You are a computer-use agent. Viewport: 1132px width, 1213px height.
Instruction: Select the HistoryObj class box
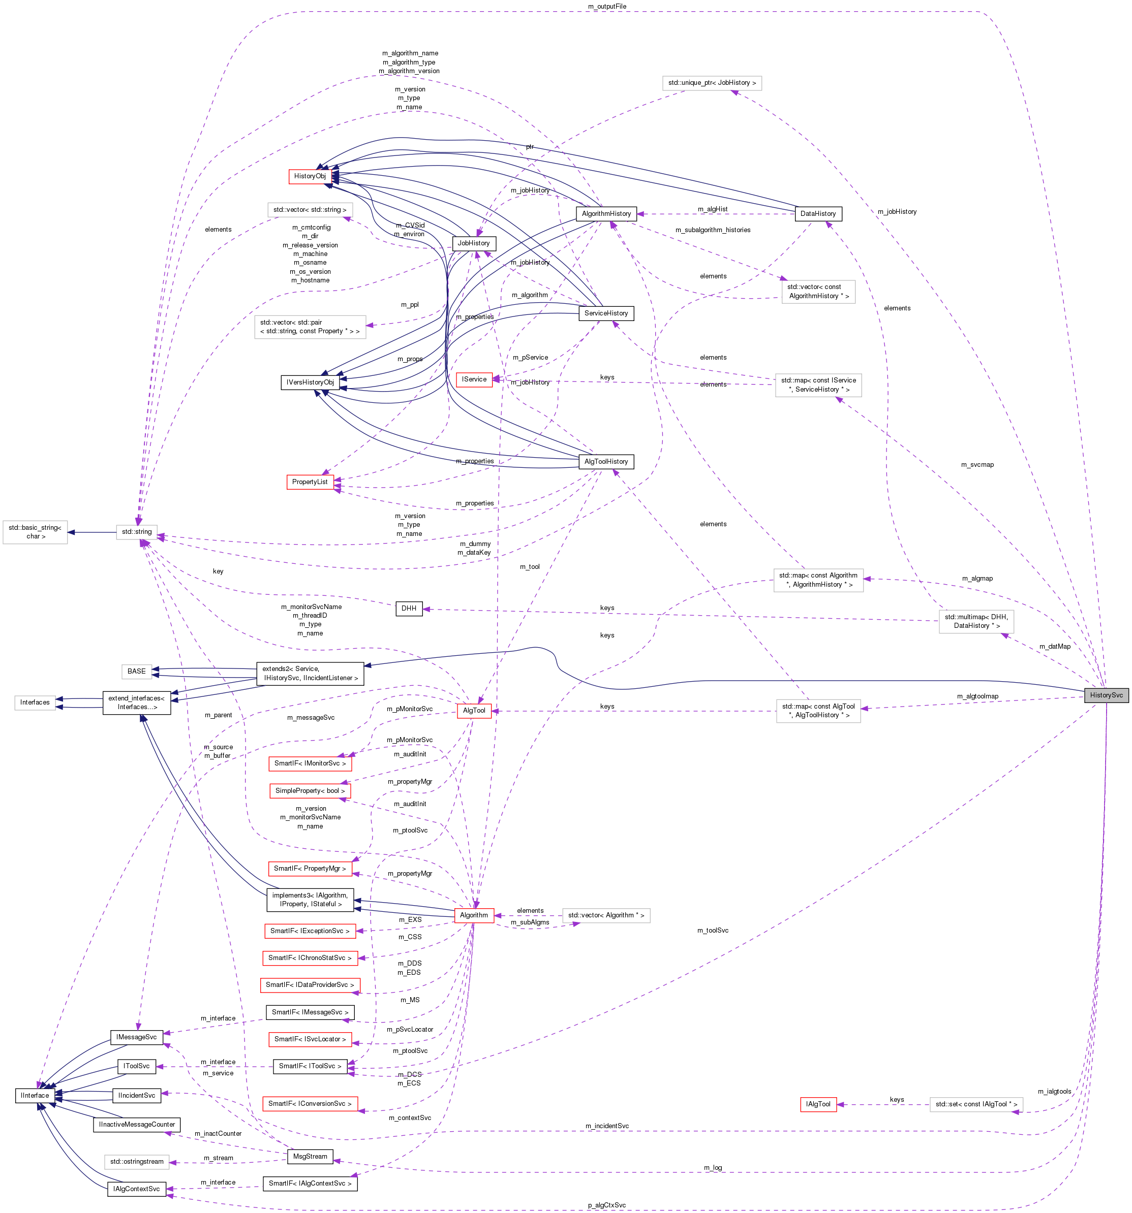(310, 176)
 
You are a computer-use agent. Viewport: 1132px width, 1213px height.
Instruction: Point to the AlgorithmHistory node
(606, 213)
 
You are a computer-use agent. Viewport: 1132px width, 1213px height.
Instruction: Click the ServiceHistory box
(606, 313)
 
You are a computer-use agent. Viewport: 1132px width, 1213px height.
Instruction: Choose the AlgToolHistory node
(606, 461)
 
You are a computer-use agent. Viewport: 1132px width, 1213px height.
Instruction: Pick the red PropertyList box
(310, 482)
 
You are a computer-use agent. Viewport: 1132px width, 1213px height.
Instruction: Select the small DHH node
(409, 609)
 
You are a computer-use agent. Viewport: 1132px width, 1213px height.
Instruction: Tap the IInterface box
(35, 1095)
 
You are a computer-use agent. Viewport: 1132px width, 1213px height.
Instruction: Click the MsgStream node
(310, 1156)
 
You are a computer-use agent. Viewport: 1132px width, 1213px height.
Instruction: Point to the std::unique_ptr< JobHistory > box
(712, 83)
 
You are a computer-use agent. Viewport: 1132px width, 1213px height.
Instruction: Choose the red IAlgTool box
(817, 1104)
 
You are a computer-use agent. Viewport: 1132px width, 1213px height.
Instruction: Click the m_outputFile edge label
(607, 6)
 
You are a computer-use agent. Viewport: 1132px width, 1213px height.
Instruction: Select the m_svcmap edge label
(977, 464)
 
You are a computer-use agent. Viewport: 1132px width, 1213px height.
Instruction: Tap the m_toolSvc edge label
(713, 931)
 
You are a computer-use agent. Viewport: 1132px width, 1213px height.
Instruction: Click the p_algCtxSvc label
(607, 1205)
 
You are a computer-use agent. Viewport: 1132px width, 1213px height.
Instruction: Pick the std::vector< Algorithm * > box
(606, 915)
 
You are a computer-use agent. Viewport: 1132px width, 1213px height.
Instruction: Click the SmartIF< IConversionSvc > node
(310, 1103)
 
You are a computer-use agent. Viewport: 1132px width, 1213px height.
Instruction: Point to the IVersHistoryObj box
(310, 382)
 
